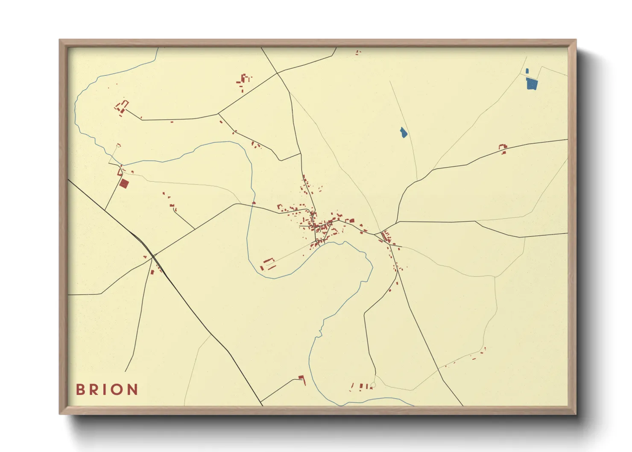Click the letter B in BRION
pos(80,390)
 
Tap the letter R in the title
pos(94,390)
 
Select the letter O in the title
pos(117,390)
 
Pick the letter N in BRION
pos(132,390)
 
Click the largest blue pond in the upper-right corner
pos(531,84)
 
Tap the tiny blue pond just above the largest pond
pos(527,71)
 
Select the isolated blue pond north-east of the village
pos(403,132)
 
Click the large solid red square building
pos(124,184)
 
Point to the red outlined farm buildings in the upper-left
pos(122,107)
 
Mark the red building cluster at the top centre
pos(244,81)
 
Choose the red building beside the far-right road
pos(503,149)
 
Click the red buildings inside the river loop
pos(268,264)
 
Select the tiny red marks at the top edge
pos(358,53)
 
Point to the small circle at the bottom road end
pos(373,385)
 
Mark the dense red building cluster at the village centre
pos(318,224)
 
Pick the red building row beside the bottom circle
pos(360,387)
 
